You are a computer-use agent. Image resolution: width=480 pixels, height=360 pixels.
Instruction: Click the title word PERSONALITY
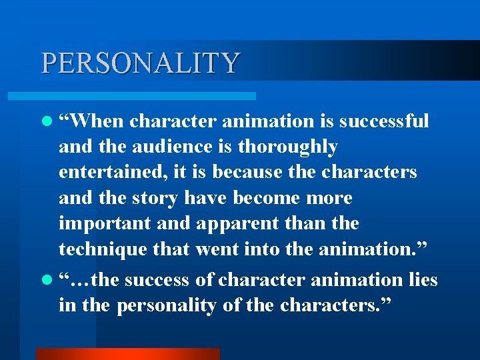click(140, 63)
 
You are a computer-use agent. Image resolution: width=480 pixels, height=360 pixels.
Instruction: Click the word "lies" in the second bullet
click(422, 280)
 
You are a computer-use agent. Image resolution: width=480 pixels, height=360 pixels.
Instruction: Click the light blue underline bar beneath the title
click(146, 96)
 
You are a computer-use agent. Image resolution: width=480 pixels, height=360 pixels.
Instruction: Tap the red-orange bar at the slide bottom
click(127, 354)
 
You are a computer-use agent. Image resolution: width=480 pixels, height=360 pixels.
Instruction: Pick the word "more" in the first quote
click(329, 198)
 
